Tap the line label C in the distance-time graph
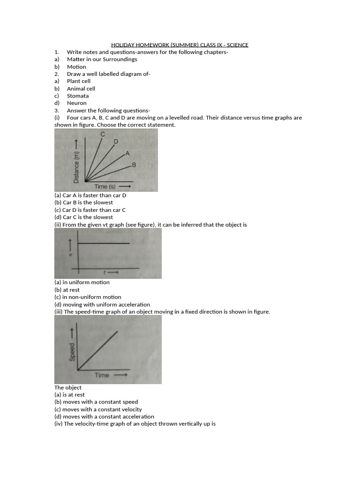coord(103,135)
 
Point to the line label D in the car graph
coord(116,142)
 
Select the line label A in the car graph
coord(127,153)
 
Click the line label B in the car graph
coord(134,165)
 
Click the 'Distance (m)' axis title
coord(77,160)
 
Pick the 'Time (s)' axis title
coord(105,187)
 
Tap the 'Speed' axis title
coord(73,352)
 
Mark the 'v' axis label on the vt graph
coord(71,255)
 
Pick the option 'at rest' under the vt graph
coord(67,290)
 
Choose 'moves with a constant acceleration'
coord(104,416)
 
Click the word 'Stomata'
coord(78,96)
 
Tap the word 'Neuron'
coord(77,103)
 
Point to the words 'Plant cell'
coord(79,81)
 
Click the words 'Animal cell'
coord(81,89)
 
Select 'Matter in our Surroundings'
coord(102,60)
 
